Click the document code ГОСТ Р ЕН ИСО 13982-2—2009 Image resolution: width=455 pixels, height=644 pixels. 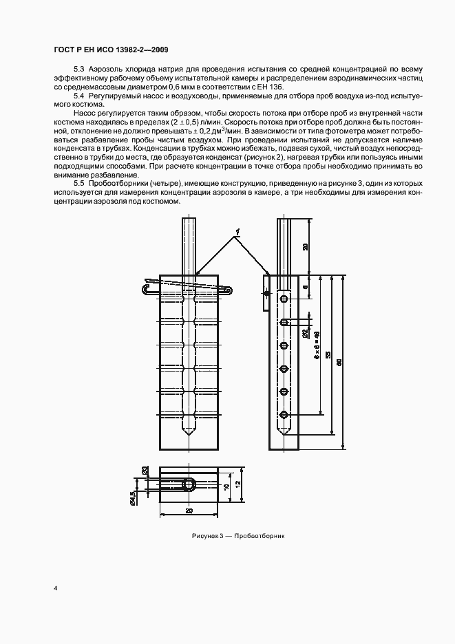tap(110, 50)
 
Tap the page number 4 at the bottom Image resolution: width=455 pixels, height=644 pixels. tap(55, 588)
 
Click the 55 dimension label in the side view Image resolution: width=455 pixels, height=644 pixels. tap(328, 354)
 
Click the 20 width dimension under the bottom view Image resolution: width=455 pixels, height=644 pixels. tap(189, 511)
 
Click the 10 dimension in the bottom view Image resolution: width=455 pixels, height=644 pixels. tap(226, 486)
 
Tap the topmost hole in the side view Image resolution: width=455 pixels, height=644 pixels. tap(283, 299)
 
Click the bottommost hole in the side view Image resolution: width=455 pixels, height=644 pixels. tap(283, 414)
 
